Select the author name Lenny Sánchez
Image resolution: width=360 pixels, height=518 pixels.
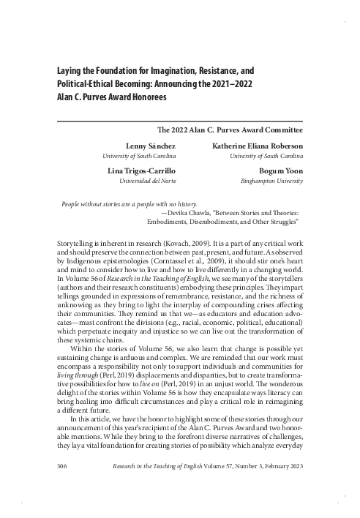145,146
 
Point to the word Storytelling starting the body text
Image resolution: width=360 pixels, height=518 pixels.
78,241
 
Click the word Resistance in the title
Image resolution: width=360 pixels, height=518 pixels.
226,72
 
